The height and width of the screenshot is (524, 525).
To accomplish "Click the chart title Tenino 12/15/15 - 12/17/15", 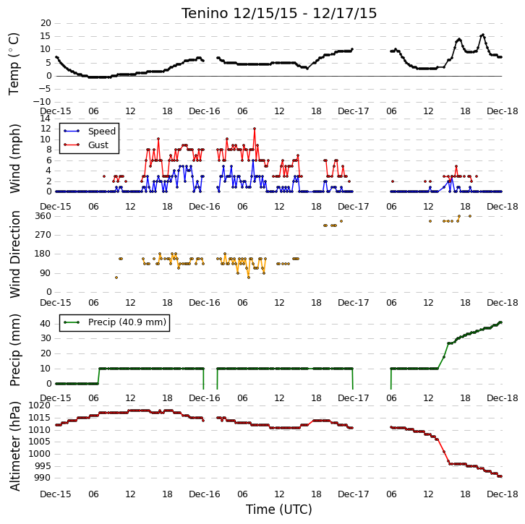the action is pyautogui.click(x=279, y=14).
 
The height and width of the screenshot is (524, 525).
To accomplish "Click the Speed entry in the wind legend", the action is pyautogui.click(x=102, y=131).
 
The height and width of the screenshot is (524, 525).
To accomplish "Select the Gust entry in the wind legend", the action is pyautogui.click(x=98, y=145).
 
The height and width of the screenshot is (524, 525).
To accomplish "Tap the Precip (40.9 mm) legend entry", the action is pyautogui.click(x=127, y=322).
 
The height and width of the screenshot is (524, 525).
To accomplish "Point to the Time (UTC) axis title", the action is pyautogui.click(x=279, y=510).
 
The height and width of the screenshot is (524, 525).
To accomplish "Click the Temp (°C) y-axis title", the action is pyautogui.click(x=14, y=64).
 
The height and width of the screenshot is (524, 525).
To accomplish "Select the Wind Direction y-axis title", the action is pyautogui.click(x=14, y=254).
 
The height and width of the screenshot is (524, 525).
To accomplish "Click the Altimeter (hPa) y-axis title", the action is pyautogui.click(x=14, y=447).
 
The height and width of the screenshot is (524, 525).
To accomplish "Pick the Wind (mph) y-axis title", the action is pyautogui.click(x=14, y=158).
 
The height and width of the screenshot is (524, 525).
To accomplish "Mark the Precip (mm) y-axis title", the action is pyautogui.click(x=14, y=351).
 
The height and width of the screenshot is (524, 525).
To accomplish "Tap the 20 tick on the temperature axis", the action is pyautogui.click(x=46, y=23).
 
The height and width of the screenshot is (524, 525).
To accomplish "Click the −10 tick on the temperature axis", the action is pyautogui.click(x=42, y=102).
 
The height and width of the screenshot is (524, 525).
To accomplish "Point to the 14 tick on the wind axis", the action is pyautogui.click(x=46, y=118).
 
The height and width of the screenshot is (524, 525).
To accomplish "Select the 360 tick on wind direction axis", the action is pyautogui.click(x=43, y=216).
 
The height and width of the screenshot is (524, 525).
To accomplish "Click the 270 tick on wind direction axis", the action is pyautogui.click(x=43, y=235).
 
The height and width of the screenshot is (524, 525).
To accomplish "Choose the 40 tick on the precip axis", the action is pyautogui.click(x=46, y=324).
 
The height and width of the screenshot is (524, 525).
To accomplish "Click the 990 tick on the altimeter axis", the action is pyautogui.click(x=43, y=478).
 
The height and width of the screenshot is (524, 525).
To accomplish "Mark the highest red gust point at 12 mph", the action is pyautogui.click(x=255, y=129).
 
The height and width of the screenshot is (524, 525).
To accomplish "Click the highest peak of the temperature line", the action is pyautogui.click(x=482, y=35).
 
